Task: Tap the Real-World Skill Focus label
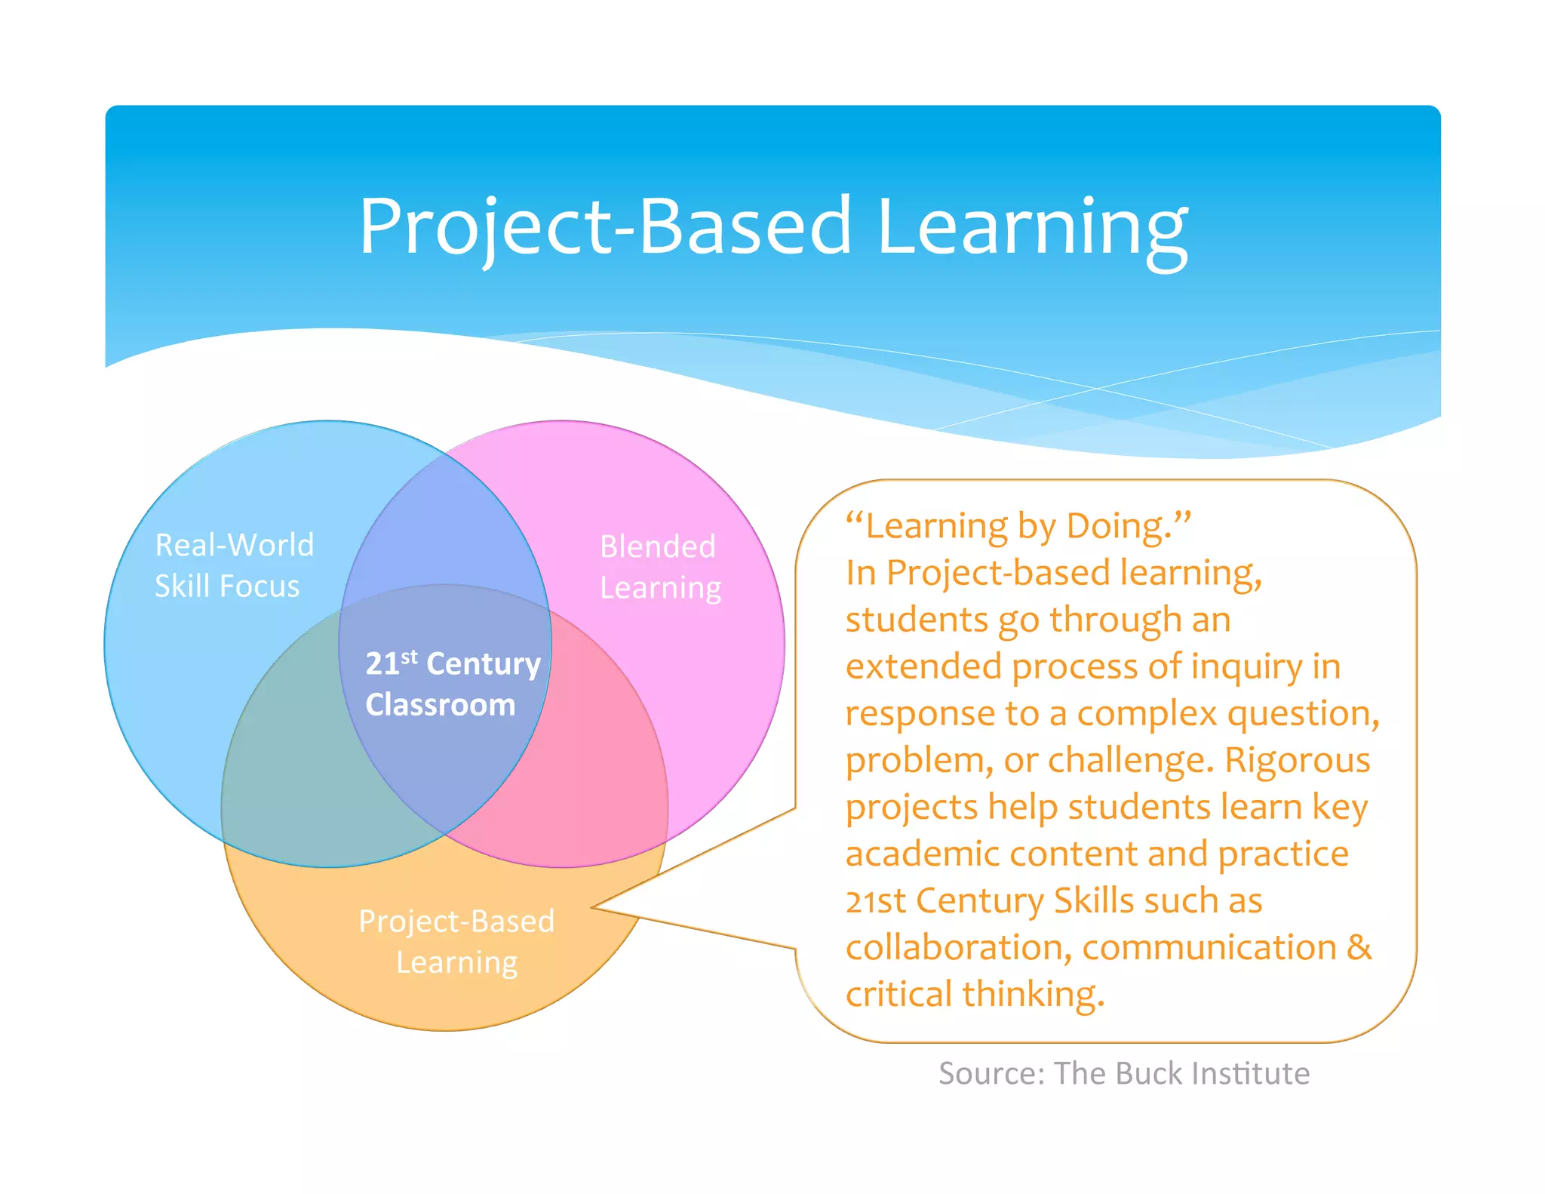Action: pyautogui.click(x=234, y=565)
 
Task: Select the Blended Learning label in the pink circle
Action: pyautogui.click(x=660, y=567)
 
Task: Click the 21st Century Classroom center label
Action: pyautogui.click(x=452, y=684)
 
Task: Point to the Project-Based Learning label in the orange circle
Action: pyautogui.click(x=456, y=941)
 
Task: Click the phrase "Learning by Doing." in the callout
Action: pyautogui.click(x=1018, y=526)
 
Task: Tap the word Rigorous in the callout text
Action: pyautogui.click(x=1297, y=760)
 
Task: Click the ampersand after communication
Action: pyautogui.click(x=1359, y=947)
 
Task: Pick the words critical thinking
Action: pyautogui.click(x=975, y=994)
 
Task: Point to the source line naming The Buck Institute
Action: pyautogui.click(x=1123, y=1073)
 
